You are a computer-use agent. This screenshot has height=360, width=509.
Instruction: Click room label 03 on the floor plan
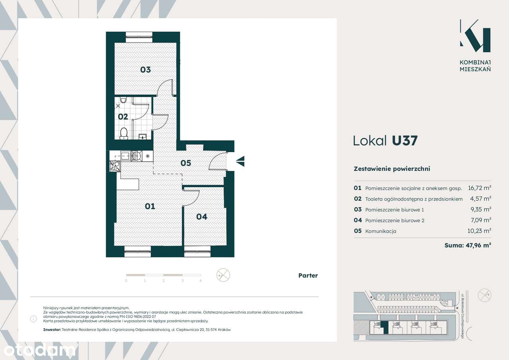(x=146, y=70)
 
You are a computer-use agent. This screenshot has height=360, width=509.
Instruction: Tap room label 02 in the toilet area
(x=123, y=117)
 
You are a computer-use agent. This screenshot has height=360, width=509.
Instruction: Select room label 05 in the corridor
(x=186, y=163)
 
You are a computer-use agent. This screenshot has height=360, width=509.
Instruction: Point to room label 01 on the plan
(x=150, y=206)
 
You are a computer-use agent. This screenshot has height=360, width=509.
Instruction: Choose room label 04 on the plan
(x=202, y=217)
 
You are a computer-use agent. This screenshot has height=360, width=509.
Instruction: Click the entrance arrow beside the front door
(x=240, y=161)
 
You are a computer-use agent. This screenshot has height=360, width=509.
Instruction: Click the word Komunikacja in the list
(x=381, y=231)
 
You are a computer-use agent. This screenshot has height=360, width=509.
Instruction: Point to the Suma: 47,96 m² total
(x=468, y=246)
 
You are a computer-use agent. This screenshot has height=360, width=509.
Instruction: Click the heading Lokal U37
(x=385, y=141)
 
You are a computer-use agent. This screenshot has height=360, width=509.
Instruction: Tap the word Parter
(x=308, y=275)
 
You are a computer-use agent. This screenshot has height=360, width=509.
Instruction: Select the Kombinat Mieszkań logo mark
(x=475, y=36)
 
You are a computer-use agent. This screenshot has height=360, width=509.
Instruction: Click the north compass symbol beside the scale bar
(x=223, y=275)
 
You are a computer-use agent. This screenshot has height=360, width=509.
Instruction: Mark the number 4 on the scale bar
(x=200, y=281)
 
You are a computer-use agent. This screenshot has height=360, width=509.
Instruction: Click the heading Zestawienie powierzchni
(x=392, y=169)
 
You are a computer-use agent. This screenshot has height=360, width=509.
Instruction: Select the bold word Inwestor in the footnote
(x=52, y=330)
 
